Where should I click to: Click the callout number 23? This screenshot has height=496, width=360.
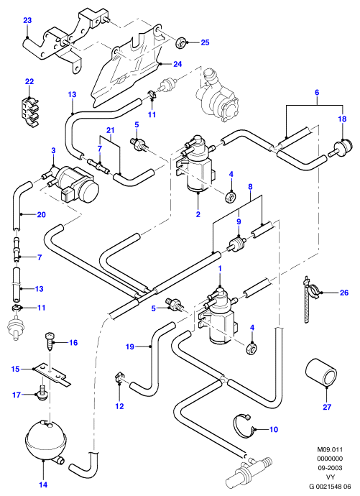(x=27, y=21)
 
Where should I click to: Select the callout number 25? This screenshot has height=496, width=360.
(x=205, y=42)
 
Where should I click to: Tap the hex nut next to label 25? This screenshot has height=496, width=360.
(x=181, y=41)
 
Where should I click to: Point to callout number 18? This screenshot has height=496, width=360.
(x=342, y=119)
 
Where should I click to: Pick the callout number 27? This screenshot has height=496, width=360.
(x=327, y=407)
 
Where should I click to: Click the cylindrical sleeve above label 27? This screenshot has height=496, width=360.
(x=321, y=372)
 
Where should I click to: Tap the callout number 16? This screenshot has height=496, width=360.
(x=73, y=343)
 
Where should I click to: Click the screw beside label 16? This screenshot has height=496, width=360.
(x=50, y=341)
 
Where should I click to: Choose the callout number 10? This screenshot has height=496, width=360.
(x=274, y=429)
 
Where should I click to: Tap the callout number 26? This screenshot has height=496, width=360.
(x=344, y=293)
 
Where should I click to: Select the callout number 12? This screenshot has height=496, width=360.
(x=119, y=406)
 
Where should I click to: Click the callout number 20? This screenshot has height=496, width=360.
(x=42, y=215)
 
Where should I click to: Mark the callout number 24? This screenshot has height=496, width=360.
(x=177, y=64)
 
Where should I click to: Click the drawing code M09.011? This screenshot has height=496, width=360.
(x=330, y=449)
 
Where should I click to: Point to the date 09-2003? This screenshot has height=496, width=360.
(x=330, y=468)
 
